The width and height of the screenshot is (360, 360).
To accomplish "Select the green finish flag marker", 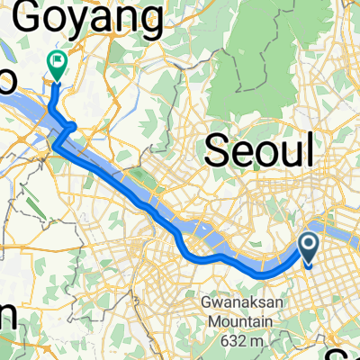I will click(56, 63).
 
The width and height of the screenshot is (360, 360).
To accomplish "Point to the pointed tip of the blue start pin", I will click(308, 267).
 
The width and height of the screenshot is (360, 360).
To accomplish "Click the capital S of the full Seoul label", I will click(219, 148).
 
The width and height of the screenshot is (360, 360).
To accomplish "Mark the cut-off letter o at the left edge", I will click(6, 80).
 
